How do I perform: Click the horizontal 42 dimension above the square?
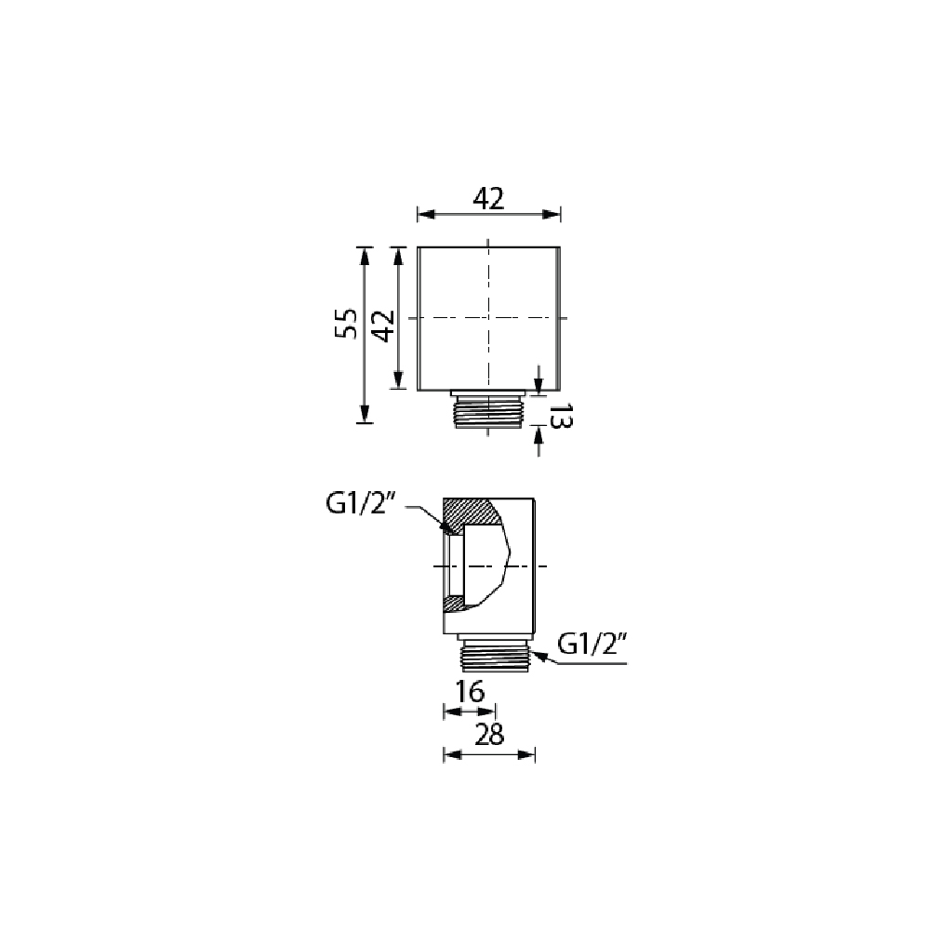pyautogui.click(x=488, y=198)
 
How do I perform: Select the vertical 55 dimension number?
pyautogui.click(x=346, y=324)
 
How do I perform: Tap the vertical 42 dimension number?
pyautogui.click(x=385, y=326)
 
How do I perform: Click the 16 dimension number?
pyautogui.click(x=470, y=691)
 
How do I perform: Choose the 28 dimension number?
pyautogui.click(x=490, y=735)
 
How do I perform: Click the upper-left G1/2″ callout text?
pyautogui.click(x=361, y=505)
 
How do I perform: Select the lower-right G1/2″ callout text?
pyautogui.click(x=592, y=645)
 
